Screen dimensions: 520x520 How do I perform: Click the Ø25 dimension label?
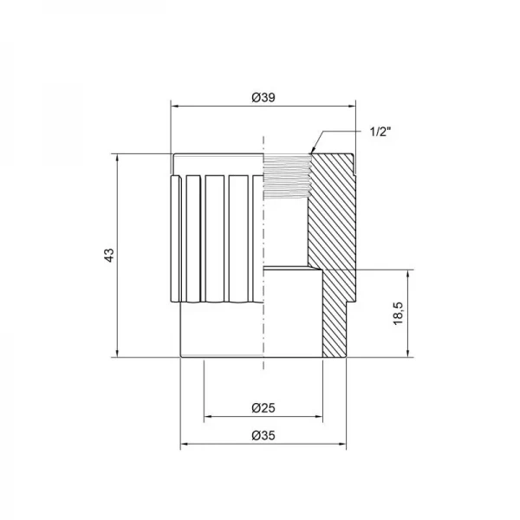point(263,408)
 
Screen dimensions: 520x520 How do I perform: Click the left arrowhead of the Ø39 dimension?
point(173,106)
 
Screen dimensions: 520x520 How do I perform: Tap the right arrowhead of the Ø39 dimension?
point(351,106)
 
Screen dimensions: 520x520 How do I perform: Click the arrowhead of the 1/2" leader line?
point(312,153)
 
